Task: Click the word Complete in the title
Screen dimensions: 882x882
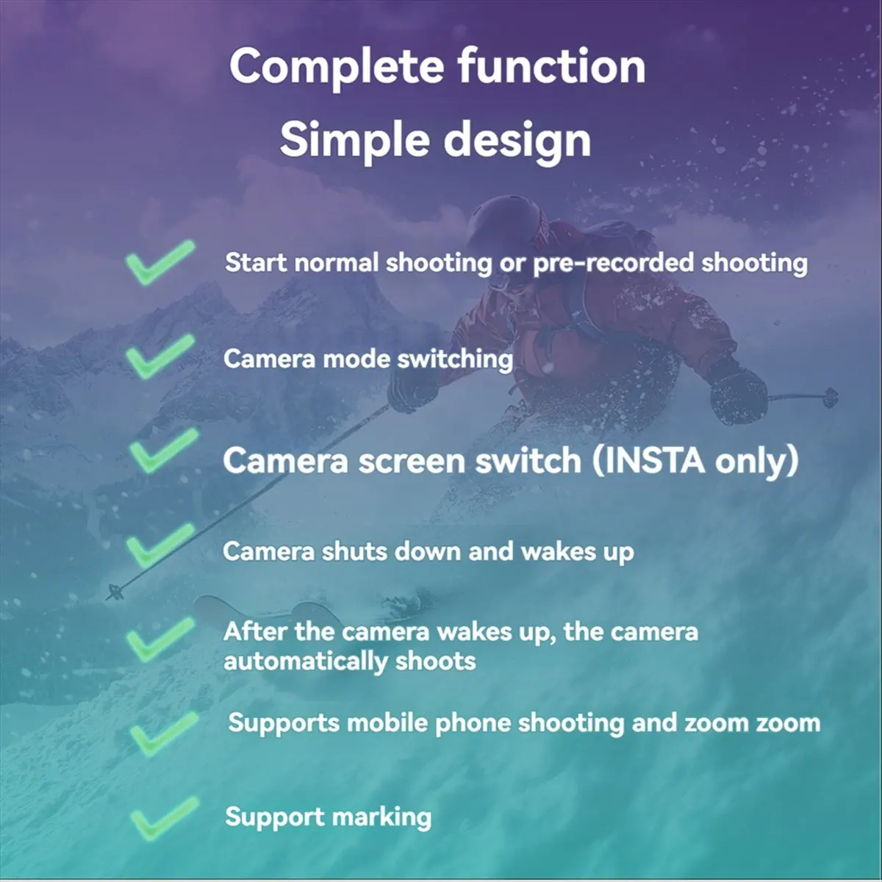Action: click(336, 66)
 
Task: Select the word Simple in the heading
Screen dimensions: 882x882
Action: click(354, 139)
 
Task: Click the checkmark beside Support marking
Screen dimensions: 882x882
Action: click(163, 817)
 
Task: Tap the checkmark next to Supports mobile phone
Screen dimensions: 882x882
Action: click(163, 731)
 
